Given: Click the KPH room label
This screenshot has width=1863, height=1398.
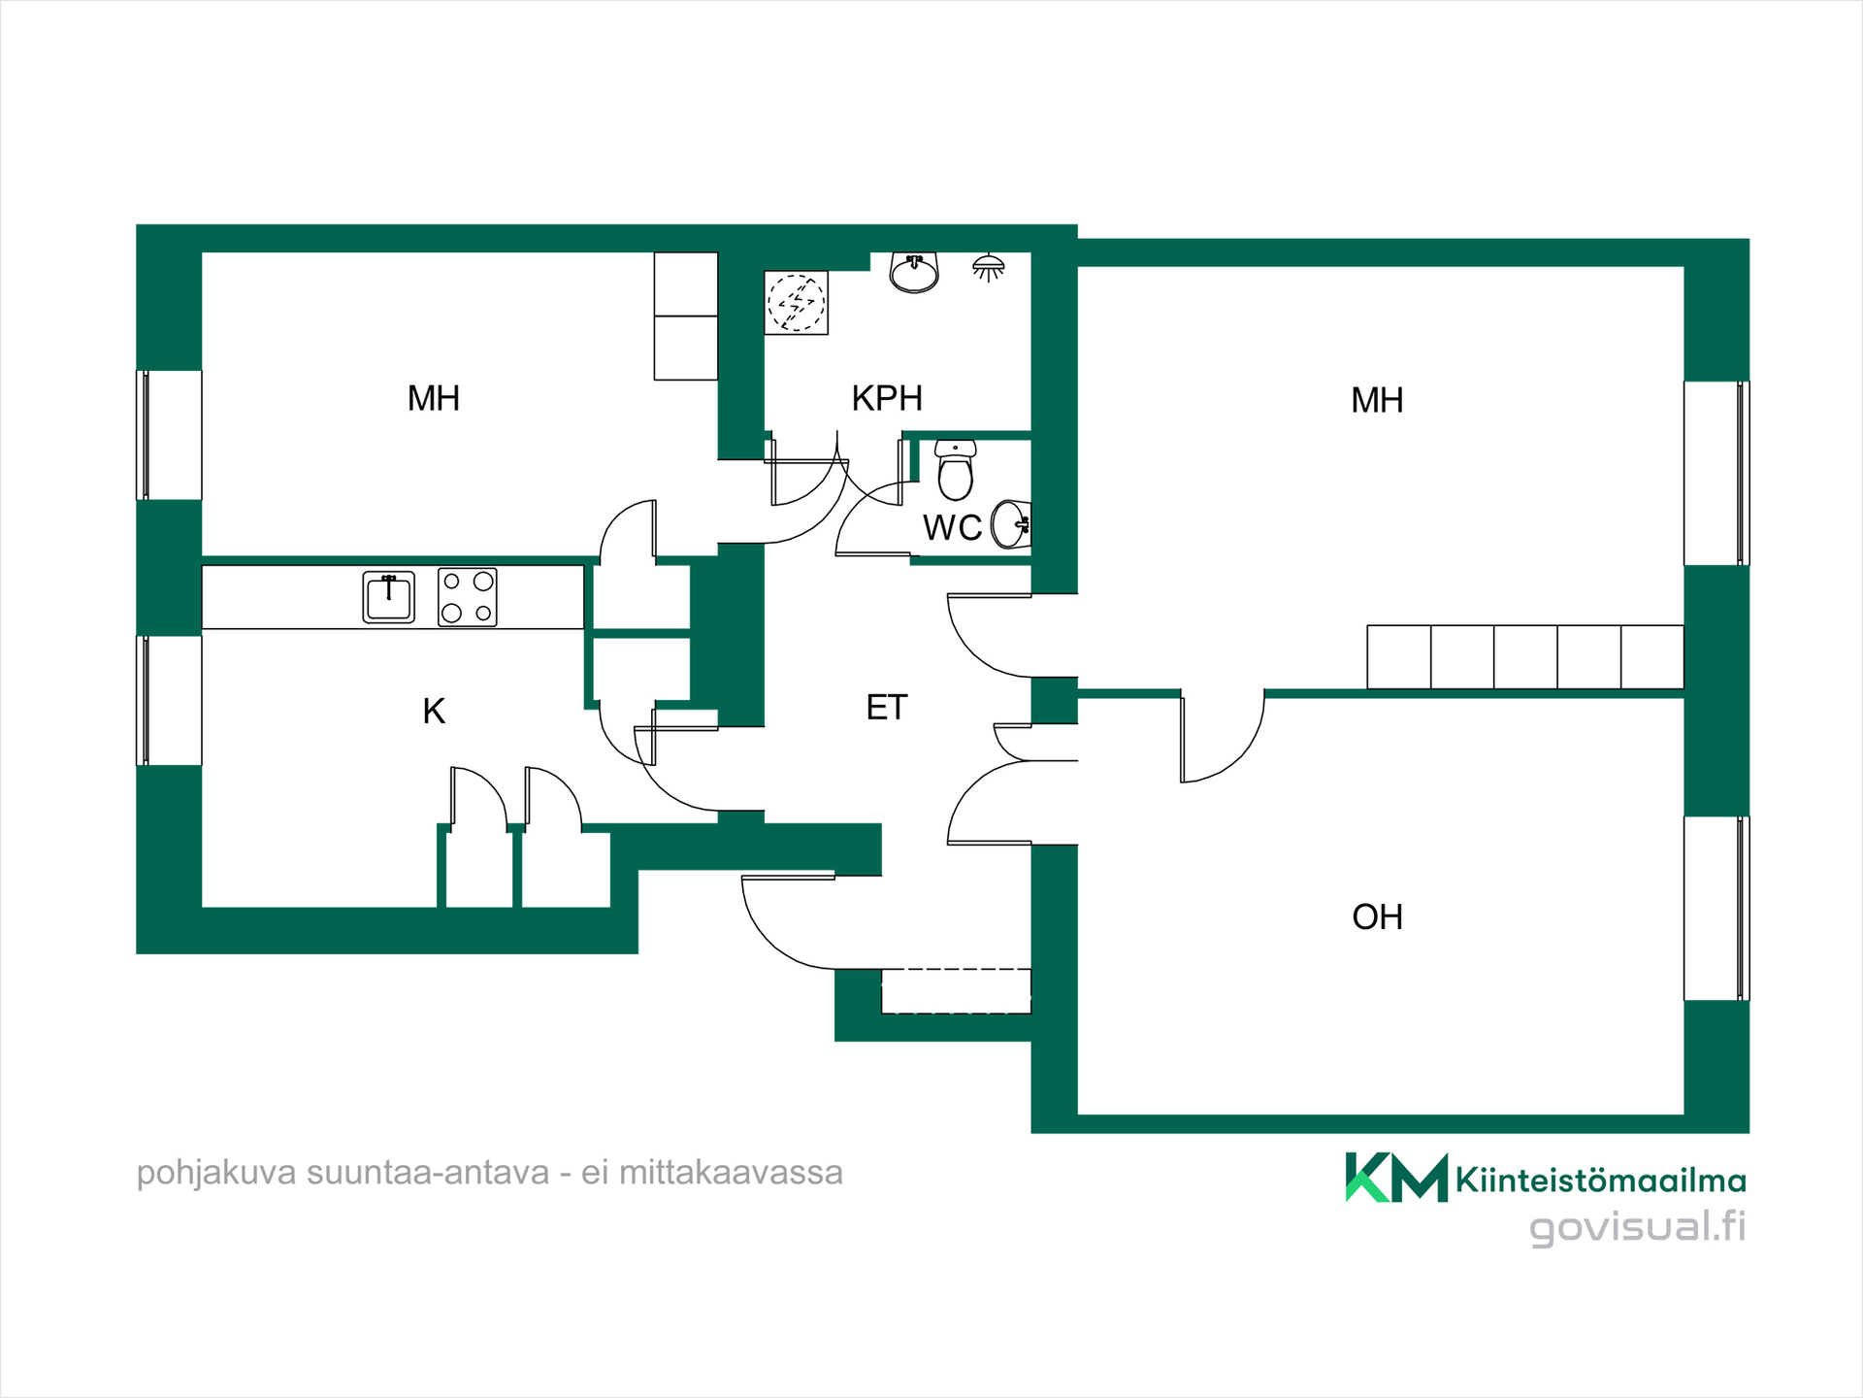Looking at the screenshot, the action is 887,398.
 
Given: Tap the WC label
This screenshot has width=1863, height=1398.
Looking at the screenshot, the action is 952,528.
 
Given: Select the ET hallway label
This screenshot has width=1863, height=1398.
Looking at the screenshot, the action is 887,708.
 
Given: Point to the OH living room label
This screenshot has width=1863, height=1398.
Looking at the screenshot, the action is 1377,917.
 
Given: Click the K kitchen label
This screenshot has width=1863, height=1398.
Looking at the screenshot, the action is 434,712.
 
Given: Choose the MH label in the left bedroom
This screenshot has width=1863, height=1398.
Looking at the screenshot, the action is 434,398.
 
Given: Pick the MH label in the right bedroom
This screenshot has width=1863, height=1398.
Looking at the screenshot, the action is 1377,400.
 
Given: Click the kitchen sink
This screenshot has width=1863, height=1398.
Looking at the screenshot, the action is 388,596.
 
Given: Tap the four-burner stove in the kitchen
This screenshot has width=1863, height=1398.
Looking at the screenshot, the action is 467,597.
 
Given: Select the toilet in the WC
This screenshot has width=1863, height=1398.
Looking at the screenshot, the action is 956,469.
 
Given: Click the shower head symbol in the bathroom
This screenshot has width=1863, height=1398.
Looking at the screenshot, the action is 989,267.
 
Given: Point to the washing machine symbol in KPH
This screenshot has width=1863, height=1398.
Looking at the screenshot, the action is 797,303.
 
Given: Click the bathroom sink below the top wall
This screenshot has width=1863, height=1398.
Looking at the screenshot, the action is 914,273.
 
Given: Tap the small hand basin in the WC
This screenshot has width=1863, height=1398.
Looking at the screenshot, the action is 1011,525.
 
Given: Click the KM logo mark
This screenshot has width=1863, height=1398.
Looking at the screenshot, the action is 1396,1178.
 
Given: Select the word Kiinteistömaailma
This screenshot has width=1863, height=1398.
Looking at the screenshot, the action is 1601,1181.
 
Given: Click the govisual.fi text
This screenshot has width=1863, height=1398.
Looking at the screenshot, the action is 1638,1226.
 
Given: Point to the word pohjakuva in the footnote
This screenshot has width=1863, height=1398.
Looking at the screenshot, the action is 216,1173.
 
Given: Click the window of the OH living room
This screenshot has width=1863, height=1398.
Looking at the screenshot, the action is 1716,909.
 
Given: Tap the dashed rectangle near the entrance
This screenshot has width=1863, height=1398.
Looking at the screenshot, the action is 956,991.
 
